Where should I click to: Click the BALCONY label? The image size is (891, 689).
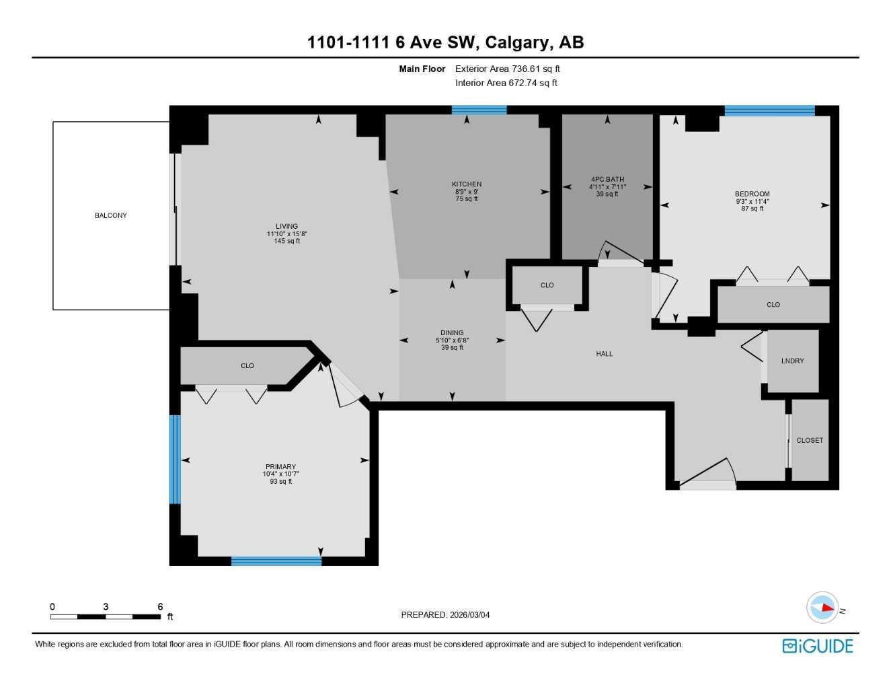click(111, 215)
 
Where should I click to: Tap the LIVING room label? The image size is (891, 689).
click(286, 227)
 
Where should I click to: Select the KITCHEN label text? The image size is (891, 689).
click(467, 184)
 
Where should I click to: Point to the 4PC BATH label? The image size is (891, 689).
click(607, 180)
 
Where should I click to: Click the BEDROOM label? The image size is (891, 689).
click(752, 194)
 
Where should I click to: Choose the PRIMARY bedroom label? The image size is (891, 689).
click(280, 467)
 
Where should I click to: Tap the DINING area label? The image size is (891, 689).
click(452, 333)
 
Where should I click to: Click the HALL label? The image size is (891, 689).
click(604, 354)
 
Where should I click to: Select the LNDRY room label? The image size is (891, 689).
click(792, 361)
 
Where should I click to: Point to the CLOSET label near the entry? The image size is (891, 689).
click(810, 441)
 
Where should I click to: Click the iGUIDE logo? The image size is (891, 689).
click(818, 646)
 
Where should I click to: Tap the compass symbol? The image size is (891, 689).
click(823, 608)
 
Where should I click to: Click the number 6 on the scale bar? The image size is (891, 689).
click(160, 607)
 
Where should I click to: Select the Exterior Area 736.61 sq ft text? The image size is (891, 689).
click(507, 69)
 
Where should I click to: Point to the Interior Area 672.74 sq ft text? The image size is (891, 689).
click(506, 83)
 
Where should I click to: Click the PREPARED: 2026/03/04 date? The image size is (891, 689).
click(445, 615)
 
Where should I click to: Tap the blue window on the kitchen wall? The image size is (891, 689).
click(479, 110)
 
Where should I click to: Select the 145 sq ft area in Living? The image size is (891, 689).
click(286, 242)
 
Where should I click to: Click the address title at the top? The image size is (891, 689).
click(445, 42)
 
